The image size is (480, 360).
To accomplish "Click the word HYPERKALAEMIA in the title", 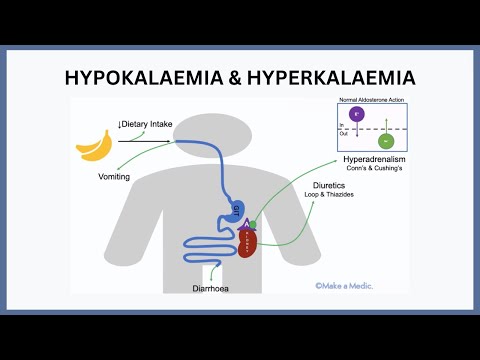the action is (x=330, y=76).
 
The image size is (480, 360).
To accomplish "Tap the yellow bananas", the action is (x=94, y=147).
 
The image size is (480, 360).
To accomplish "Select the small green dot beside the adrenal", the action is (x=254, y=223).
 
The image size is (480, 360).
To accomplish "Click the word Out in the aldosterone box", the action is (x=343, y=134).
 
